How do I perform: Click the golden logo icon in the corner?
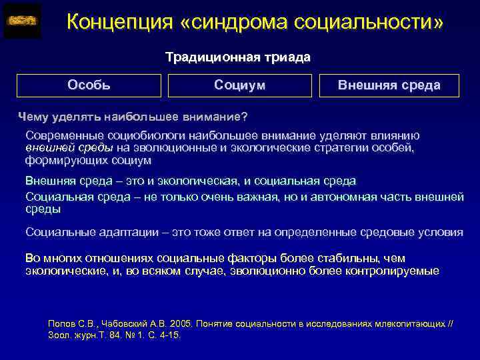21,21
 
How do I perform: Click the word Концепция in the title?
119,23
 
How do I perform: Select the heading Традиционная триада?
238,57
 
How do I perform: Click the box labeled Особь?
89,85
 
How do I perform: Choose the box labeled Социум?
240,85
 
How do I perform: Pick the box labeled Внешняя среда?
389,85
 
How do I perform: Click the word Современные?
60,135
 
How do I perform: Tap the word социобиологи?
131,135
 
